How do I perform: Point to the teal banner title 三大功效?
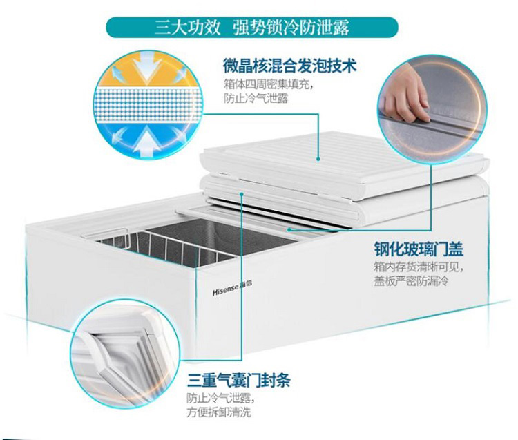click(x=187, y=28)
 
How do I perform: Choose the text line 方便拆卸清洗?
click(x=219, y=412)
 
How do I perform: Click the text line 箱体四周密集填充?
click(x=263, y=85)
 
